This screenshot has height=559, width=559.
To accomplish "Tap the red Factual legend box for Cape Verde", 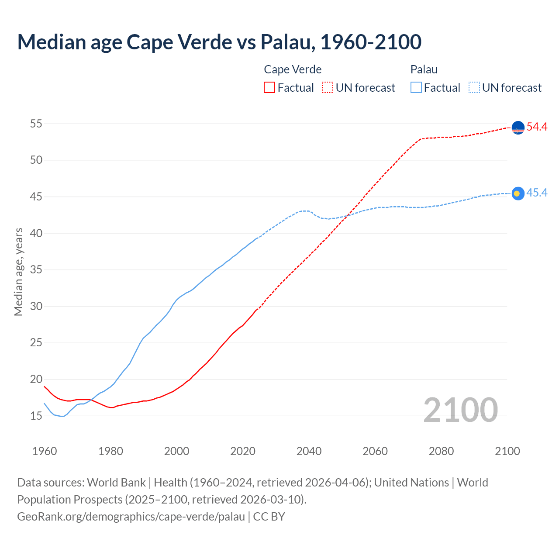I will pos(269,87).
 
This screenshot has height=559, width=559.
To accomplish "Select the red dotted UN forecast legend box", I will pos(328,87).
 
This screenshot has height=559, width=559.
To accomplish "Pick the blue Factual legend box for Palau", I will pos(416,87).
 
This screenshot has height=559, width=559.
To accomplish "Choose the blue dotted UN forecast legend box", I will pos(474,87).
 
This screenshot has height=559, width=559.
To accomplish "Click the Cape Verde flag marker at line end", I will pos(518,128).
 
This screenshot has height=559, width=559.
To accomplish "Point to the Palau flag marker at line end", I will pos(518,193).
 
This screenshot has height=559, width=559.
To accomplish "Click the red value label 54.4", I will pos(537,127).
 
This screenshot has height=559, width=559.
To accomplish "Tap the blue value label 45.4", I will pos(537,193).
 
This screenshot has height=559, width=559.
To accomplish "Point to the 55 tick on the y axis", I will pos(36,124).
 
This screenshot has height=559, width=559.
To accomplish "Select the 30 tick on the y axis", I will pos(36,307).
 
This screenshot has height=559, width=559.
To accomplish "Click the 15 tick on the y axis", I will pos(36,416).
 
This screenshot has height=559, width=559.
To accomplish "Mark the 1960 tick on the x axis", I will pos(45,451).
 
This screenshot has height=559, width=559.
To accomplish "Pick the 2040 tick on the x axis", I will pos(309,451).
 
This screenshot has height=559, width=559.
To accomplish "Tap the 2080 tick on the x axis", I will pos(441,451).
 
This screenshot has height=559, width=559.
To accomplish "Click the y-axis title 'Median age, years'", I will pos(18,272).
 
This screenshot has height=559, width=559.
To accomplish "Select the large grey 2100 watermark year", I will pos(460,410).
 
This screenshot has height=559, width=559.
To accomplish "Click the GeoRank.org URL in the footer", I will pos(131,517).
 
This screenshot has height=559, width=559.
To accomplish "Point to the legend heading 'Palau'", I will pos(424,69).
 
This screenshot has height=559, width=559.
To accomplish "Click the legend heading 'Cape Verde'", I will pos(293,69).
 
